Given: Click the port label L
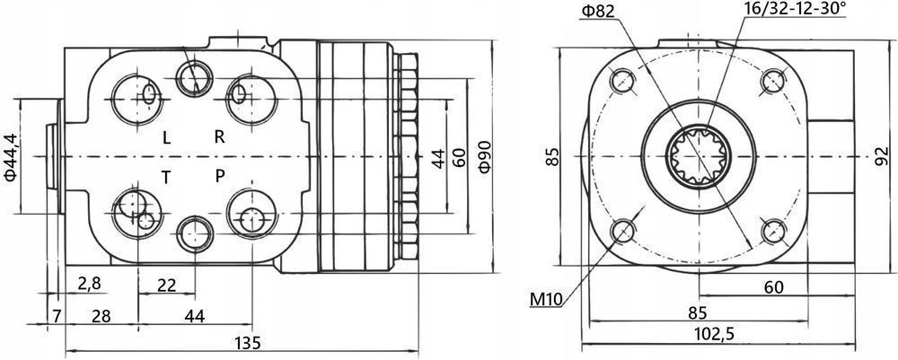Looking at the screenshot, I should [166, 137].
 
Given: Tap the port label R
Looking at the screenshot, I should [219, 136].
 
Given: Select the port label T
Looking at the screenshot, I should [166, 176].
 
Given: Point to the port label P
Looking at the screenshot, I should [219, 175].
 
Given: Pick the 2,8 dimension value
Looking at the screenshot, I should [89, 285].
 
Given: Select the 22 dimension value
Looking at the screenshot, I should [165, 285].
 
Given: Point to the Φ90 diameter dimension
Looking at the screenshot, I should [484, 157].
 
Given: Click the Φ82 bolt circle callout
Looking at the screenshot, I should [597, 11].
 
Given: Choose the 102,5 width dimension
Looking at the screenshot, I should [715, 334].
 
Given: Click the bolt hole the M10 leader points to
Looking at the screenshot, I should [621, 233].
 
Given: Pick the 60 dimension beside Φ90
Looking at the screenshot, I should [458, 158].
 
